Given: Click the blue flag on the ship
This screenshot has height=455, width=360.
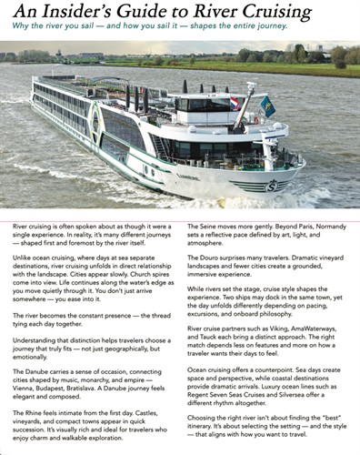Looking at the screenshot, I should click(x=267, y=106).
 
